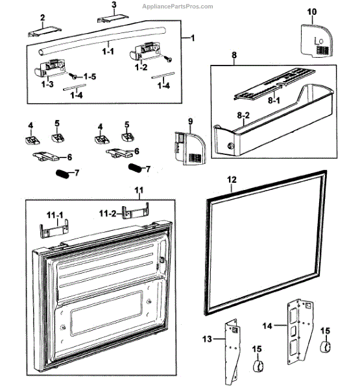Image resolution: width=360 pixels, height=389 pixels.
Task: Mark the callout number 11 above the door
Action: tap(138, 191)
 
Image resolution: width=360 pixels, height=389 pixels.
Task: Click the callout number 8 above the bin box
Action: tap(234, 56)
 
